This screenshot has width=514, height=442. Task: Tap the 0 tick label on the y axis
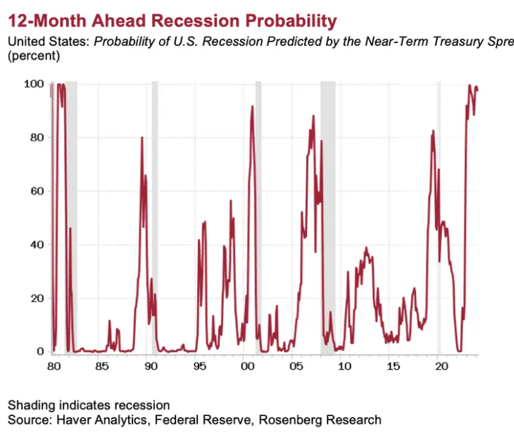(x=41, y=351)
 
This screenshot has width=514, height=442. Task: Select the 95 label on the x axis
(x=200, y=367)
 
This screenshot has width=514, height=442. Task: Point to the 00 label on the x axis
(x=247, y=367)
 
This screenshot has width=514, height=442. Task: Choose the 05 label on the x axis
(x=296, y=367)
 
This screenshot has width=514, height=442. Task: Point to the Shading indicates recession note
(x=89, y=405)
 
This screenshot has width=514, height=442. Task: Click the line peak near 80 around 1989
(x=142, y=137)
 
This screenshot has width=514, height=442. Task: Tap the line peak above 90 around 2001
(x=252, y=107)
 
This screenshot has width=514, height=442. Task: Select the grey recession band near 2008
(x=327, y=211)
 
